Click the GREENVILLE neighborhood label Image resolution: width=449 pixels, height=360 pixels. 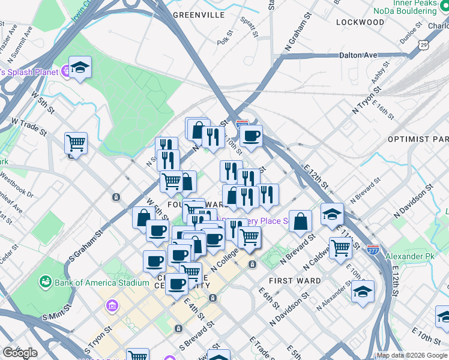(198, 15)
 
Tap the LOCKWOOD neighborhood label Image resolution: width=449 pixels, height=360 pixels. (360, 22)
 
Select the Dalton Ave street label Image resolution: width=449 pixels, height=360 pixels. (358, 55)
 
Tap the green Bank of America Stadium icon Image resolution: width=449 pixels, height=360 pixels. (45, 281)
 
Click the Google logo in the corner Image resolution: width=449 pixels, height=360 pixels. (20, 353)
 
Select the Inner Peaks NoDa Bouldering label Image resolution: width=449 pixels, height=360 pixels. (405, 7)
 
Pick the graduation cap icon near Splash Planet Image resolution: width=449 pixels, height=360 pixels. (79, 68)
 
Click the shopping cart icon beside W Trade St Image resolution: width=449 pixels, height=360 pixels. (76, 143)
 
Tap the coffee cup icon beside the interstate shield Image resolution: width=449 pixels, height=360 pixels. (252, 136)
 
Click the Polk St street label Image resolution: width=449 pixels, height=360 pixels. (225, 41)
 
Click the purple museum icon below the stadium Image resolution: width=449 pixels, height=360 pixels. (112, 307)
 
